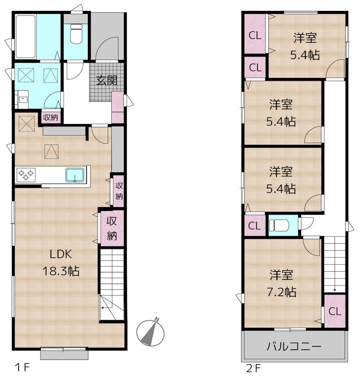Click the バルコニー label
point(293,346)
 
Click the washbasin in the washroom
point(22,100)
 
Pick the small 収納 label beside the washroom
point(50,117)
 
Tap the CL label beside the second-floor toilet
point(255,226)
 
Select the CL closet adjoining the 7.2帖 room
point(334,312)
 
